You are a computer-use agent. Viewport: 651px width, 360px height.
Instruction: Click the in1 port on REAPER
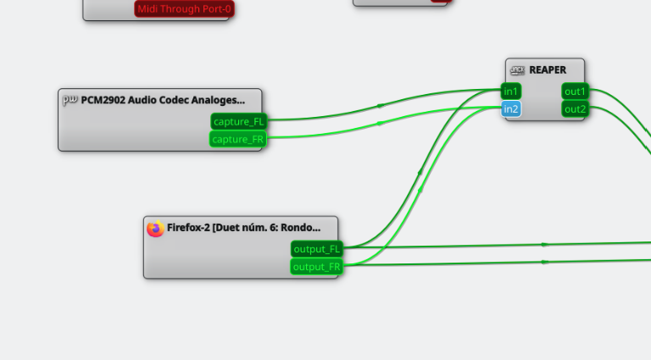[511, 91]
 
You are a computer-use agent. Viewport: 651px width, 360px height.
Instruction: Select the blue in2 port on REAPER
[511, 109]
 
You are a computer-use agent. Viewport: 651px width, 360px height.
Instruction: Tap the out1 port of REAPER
[575, 91]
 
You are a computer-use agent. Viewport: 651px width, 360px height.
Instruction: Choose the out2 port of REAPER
[575, 109]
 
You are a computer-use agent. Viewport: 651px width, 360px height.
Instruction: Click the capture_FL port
[238, 122]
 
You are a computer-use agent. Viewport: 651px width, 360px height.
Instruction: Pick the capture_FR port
[238, 140]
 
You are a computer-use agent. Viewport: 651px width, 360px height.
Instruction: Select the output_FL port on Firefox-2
[316, 249]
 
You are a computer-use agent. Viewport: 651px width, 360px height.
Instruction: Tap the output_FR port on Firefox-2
[316, 267]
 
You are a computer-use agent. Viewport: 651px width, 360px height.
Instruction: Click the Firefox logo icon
[155, 228]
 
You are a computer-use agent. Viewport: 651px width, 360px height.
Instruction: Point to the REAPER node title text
[548, 70]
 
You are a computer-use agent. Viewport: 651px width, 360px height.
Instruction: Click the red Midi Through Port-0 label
[184, 9]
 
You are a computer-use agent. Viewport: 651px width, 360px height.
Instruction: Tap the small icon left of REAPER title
[517, 70]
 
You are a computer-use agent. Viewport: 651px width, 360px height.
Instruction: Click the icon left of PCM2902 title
[70, 100]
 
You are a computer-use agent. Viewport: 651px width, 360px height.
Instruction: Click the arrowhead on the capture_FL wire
[381, 105]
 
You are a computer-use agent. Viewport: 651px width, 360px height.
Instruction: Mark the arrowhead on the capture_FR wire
[381, 123]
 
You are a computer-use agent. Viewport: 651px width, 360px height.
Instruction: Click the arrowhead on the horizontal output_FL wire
[544, 244]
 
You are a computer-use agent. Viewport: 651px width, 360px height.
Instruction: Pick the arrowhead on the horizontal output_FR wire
[544, 263]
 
